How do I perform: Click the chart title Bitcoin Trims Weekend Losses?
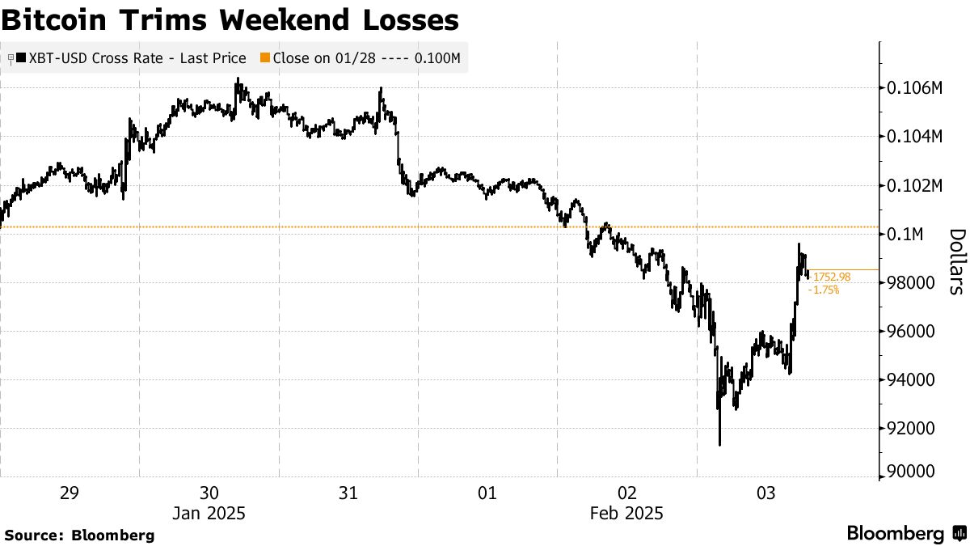(230, 20)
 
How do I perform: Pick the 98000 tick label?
(911, 282)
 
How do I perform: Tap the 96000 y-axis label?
(911, 331)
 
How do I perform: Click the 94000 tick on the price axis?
(911, 379)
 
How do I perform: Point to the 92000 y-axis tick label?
(911, 428)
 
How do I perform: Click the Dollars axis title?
(956, 260)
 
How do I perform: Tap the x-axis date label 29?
(70, 493)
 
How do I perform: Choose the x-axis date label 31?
(348, 493)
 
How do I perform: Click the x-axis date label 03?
(766, 493)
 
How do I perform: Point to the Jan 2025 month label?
(209, 514)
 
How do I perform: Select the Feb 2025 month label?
(627, 514)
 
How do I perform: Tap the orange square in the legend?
(264, 58)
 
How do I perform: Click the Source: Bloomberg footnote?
(78, 535)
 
